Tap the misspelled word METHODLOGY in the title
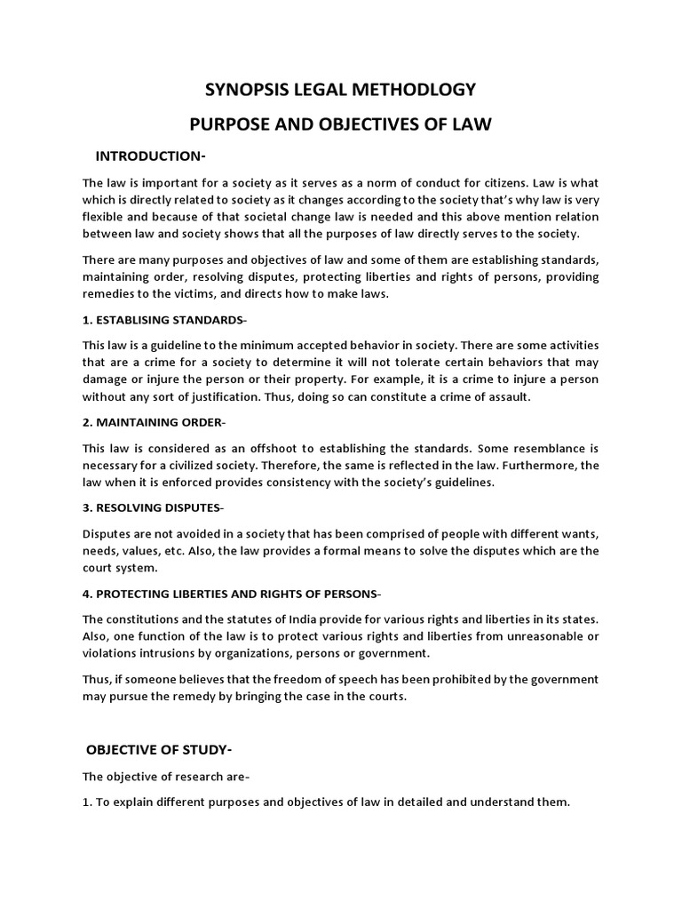click(416, 90)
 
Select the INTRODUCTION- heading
click(150, 157)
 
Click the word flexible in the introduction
click(106, 217)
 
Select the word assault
click(508, 396)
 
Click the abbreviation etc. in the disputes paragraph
click(188, 550)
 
